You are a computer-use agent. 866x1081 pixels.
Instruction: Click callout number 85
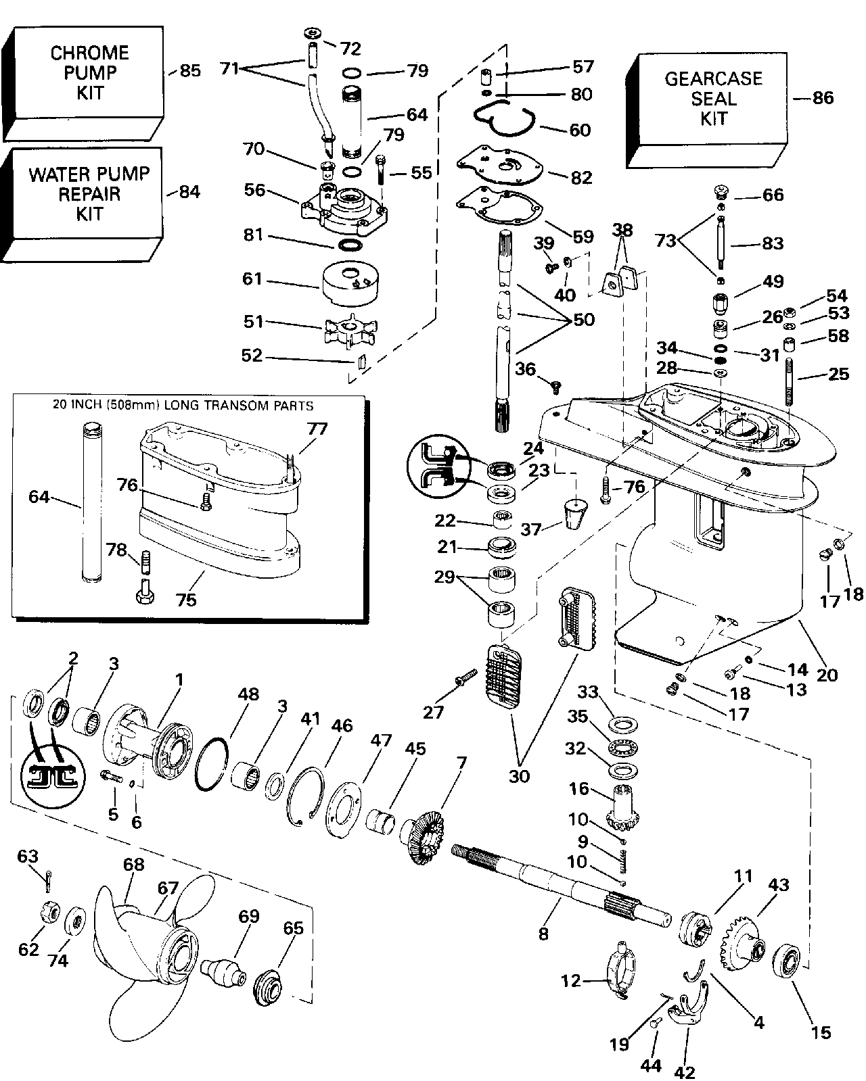click(x=190, y=70)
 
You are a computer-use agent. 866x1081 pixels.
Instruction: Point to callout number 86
click(x=823, y=98)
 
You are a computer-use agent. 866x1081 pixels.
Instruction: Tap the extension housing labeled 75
click(x=216, y=514)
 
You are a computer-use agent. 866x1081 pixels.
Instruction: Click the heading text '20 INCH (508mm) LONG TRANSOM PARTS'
click(x=183, y=406)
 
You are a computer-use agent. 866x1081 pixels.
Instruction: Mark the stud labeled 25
click(x=790, y=384)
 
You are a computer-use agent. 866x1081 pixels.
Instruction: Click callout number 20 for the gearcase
click(x=827, y=674)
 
